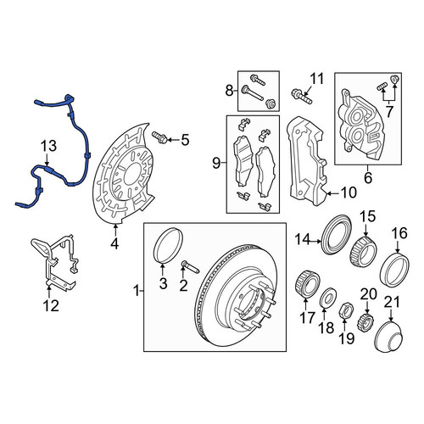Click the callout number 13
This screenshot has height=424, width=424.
pyautogui.click(x=48, y=147)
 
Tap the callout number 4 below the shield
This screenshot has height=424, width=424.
pyautogui.click(x=114, y=243)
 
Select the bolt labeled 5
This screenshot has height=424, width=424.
pyautogui.click(x=159, y=137)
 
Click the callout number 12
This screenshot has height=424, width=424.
pyautogui.click(x=51, y=305)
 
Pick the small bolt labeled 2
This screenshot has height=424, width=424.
pyautogui.click(x=191, y=267)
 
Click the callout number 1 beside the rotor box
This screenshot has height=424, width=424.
pyautogui.click(x=137, y=291)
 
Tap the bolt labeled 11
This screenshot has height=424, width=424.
pyautogui.click(x=302, y=96)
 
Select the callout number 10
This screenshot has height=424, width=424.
pyautogui.click(x=349, y=192)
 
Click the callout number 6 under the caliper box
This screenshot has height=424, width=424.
pyautogui.click(x=368, y=178)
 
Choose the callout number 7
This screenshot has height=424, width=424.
pyautogui.click(x=389, y=112)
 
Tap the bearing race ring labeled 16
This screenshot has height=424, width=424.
pyautogui.click(x=395, y=270)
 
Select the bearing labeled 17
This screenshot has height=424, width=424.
pyautogui.click(x=308, y=284)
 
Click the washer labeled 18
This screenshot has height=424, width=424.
pyautogui.click(x=328, y=298)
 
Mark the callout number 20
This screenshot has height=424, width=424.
pyautogui.click(x=368, y=294)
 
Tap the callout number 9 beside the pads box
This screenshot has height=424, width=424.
pyautogui.click(x=216, y=163)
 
